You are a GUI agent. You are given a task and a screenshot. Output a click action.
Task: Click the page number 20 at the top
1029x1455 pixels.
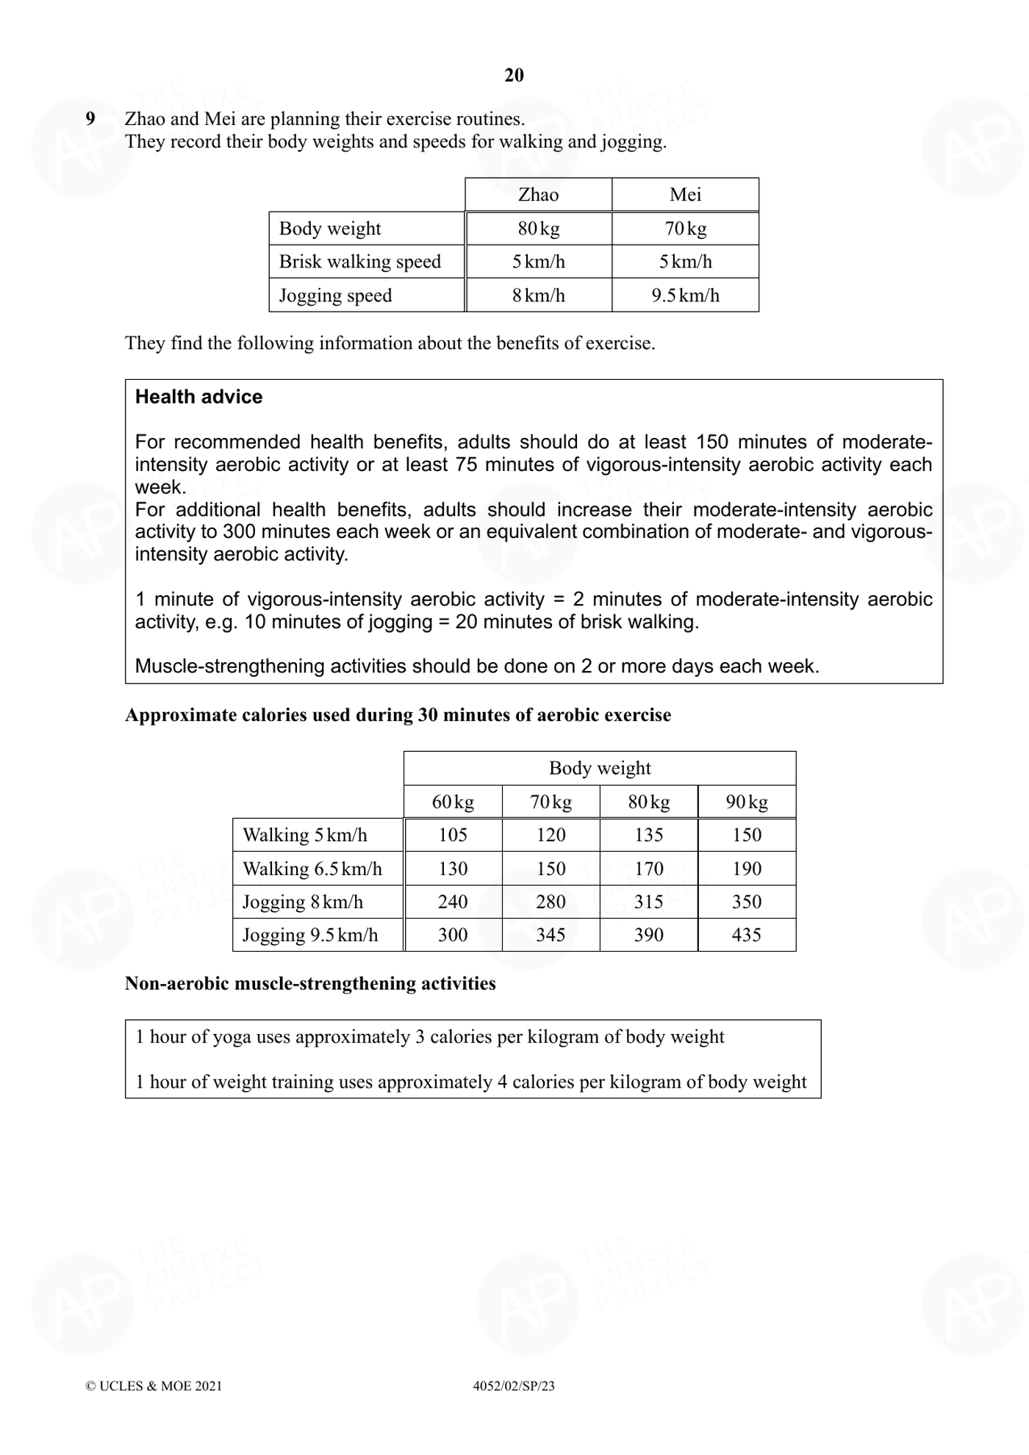[514, 75]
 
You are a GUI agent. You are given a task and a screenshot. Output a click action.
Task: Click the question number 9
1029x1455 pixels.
[90, 118]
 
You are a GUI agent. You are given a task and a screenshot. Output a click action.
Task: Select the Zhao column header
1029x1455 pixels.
[538, 195]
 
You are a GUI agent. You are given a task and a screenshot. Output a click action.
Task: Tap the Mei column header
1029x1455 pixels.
[685, 195]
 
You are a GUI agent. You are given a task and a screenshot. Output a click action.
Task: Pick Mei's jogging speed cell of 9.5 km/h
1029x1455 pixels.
[685, 295]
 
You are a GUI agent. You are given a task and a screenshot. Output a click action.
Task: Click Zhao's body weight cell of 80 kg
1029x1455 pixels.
[538, 229]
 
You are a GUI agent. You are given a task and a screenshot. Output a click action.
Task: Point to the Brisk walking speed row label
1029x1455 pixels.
[359, 262]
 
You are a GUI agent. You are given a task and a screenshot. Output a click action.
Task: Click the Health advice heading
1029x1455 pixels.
[198, 397]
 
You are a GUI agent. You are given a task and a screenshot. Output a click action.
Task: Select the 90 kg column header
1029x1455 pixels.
[747, 802]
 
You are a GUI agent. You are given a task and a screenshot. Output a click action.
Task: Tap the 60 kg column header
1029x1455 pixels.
[453, 802]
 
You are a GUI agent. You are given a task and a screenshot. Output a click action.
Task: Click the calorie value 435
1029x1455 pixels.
[747, 935]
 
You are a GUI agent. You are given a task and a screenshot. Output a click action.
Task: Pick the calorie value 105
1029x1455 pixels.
[453, 835]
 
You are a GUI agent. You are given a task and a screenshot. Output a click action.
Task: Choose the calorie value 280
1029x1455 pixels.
[551, 902]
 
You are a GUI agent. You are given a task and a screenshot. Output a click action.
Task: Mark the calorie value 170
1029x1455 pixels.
[649, 869]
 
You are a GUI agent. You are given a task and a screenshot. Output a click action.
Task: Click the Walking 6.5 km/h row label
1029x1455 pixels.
[312, 869]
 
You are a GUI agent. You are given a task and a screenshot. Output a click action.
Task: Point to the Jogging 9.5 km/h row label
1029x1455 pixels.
[310, 935]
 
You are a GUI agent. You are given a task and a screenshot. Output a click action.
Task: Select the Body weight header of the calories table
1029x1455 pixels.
[600, 768]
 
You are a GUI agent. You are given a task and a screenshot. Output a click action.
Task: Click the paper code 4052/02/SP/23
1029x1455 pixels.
[514, 1386]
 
